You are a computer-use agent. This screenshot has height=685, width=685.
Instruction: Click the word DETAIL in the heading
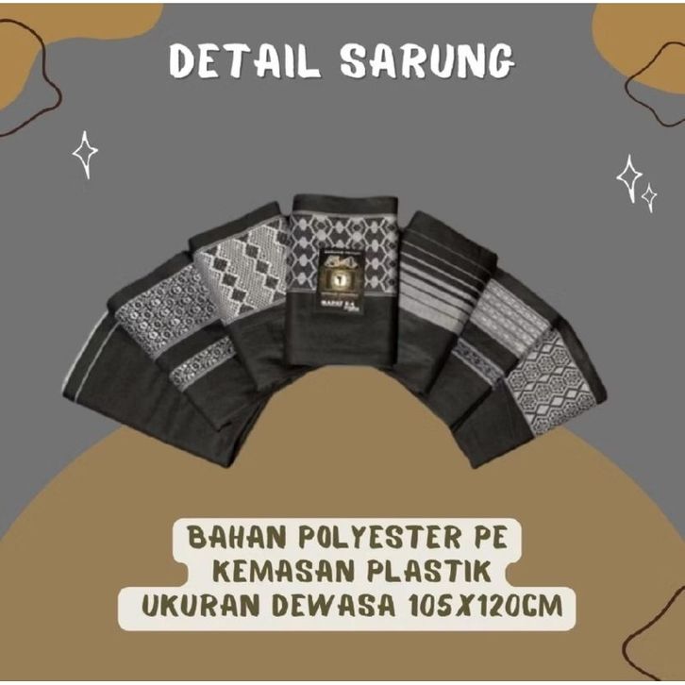246,61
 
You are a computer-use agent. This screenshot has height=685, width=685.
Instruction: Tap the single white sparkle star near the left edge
86,153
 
